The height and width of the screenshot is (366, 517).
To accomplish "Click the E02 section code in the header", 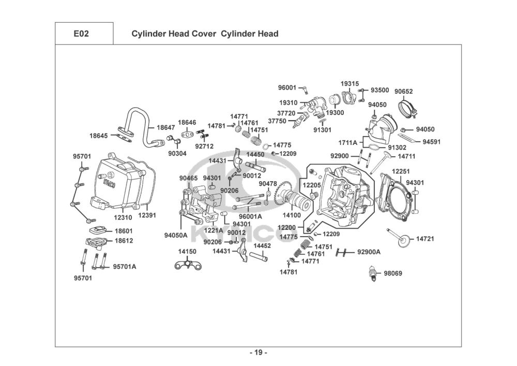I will coord(81,34).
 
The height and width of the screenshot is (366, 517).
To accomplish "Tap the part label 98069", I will coord(392,273).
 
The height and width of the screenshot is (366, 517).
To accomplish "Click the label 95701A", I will coord(125,267).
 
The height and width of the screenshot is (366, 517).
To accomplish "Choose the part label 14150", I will coord(187,251).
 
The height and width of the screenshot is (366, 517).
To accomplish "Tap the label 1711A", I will coord(347,142).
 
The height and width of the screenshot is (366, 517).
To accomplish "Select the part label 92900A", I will coord(369,252).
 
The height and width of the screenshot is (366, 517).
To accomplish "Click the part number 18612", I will coord(124,241).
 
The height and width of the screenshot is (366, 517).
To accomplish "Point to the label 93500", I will coord(380,90).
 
